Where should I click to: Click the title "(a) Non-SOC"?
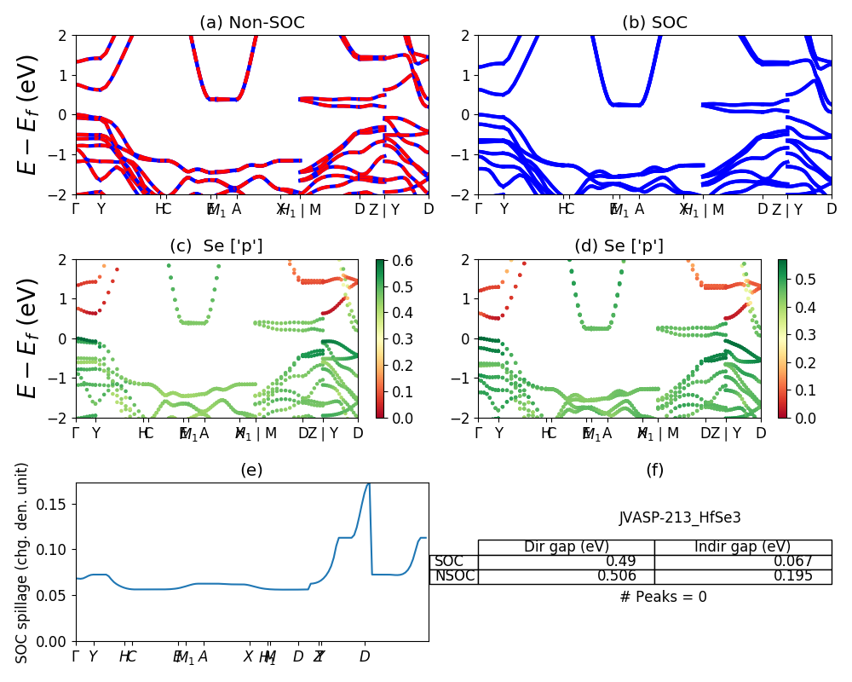point(251,23)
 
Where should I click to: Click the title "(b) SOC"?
point(654,23)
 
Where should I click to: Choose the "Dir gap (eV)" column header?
point(567,547)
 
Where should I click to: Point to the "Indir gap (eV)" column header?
point(743,547)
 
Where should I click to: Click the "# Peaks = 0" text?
point(663,597)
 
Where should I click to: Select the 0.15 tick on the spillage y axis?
point(55,504)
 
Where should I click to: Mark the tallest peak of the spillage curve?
point(368,484)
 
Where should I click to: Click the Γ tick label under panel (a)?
point(76,210)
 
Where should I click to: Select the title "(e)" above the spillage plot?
point(251,470)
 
